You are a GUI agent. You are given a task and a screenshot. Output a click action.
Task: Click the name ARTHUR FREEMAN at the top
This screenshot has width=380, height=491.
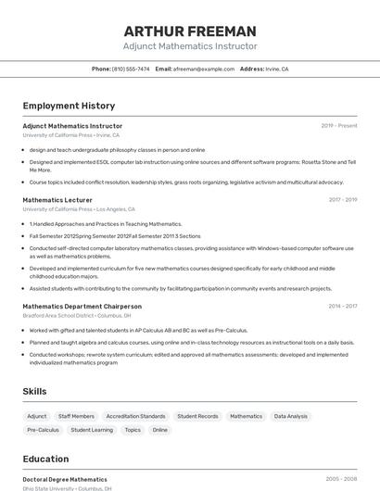(x=190, y=31)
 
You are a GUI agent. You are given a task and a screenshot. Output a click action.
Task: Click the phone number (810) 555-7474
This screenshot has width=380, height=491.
(x=131, y=69)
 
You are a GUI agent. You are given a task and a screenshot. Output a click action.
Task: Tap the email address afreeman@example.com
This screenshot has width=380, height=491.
(x=204, y=69)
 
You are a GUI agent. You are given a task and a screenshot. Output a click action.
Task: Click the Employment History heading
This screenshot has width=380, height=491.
(x=69, y=106)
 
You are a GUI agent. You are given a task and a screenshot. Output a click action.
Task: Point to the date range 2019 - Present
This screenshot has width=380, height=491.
(x=339, y=126)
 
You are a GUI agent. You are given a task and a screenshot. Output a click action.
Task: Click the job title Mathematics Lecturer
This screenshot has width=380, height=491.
(x=57, y=199)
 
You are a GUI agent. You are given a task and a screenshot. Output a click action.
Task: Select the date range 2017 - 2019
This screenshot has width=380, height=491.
(x=342, y=199)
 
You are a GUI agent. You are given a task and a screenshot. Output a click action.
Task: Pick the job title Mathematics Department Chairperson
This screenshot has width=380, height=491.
(x=82, y=306)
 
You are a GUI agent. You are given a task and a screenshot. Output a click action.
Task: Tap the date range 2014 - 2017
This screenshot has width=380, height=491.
(x=342, y=306)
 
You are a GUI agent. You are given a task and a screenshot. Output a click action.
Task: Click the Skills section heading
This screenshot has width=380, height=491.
(x=34, y=391)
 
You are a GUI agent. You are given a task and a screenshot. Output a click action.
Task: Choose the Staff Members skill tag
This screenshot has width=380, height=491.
(x=76, y=416)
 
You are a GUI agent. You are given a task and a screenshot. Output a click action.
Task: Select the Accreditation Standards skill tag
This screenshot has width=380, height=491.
(x=135, y=416)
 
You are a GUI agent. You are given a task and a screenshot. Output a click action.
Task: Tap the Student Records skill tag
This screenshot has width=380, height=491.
(x=197, y=416)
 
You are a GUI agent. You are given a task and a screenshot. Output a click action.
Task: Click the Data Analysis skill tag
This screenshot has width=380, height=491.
(x=290, y=416)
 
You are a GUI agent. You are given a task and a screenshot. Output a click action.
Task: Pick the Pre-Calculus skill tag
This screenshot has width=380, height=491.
(x=43, y=430)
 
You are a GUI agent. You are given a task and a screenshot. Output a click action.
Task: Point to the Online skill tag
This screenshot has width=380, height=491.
(x=160, y=430)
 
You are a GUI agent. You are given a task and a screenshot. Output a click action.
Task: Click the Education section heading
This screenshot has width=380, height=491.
(x=45, y=459)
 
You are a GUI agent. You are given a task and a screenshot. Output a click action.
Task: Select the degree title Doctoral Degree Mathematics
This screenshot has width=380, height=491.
(x=65, y=480)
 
